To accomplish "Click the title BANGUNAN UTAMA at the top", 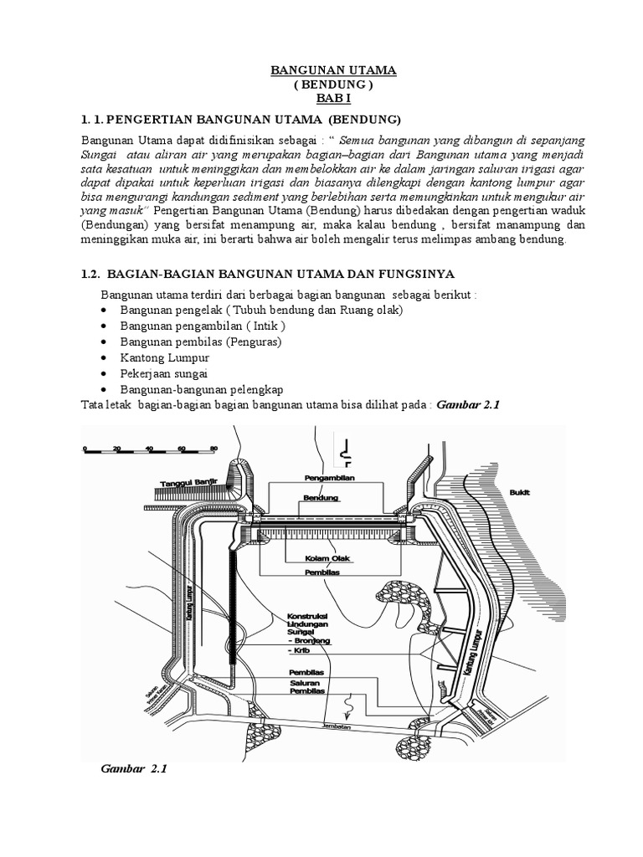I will click(x=333, y=71).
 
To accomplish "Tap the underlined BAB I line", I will click(x=333, y=99).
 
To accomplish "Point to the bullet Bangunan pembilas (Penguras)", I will click(x=201, y=341).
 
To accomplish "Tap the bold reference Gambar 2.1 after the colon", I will click(x=467, y=404).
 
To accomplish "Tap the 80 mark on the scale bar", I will click(x=213, y=448).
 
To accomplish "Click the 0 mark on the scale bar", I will click(x=85, y=448).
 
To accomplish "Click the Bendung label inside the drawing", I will click(x=321, y=497).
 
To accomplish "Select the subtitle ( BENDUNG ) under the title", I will click(x=333, y=85).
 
